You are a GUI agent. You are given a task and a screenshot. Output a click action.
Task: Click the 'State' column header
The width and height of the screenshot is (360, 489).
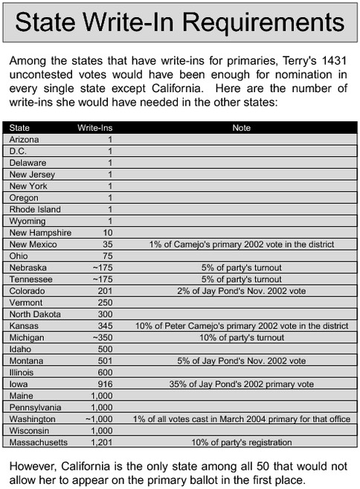click(20, 128)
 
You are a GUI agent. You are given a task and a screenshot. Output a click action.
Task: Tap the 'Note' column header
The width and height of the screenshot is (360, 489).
click(242, 128)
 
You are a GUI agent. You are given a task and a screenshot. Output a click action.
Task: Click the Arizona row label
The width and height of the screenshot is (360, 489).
click(25, 139)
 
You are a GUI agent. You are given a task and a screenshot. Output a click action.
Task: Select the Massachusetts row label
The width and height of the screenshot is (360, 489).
click(39, 442)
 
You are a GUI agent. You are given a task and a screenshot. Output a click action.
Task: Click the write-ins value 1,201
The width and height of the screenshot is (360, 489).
click(101, 442)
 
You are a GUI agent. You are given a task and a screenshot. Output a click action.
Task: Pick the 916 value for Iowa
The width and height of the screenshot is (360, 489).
click(105, 384)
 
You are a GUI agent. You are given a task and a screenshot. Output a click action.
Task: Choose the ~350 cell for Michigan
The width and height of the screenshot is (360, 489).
click(102, 337)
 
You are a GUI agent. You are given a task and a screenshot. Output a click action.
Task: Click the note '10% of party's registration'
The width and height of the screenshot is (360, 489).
click(242, 442)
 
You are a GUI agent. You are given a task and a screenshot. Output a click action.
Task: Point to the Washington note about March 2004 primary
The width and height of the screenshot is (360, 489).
click(242, 419)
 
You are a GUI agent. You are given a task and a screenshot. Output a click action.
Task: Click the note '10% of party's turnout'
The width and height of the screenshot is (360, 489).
click(242, 337)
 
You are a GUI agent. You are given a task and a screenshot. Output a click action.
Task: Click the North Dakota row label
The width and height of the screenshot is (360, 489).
click(34, 314)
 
